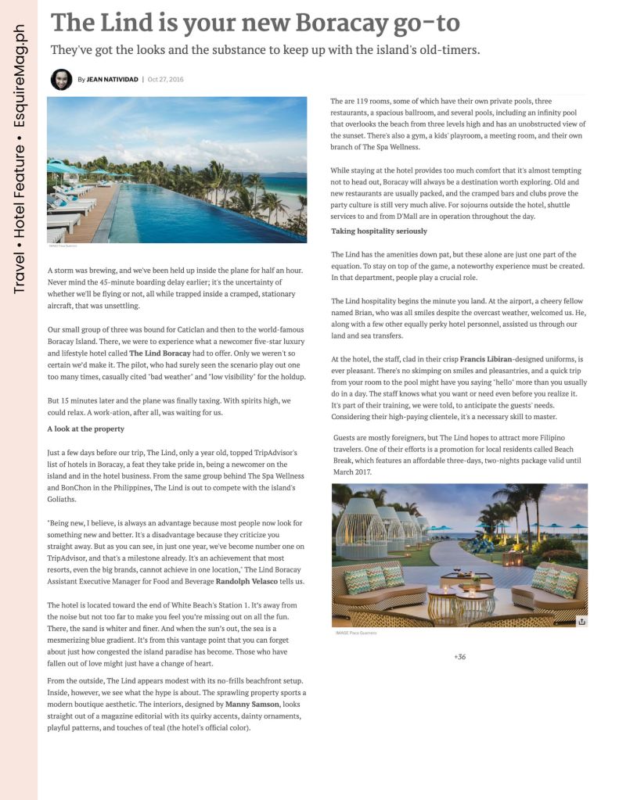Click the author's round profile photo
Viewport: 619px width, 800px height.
point(61,79)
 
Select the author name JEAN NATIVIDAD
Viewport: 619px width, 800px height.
point(112,79)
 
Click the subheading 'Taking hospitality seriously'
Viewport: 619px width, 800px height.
point(379,231)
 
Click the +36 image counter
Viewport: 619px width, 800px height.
point(459,656)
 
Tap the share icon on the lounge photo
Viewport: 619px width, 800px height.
point(581,621)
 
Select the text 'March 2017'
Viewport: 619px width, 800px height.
point(352,472)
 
